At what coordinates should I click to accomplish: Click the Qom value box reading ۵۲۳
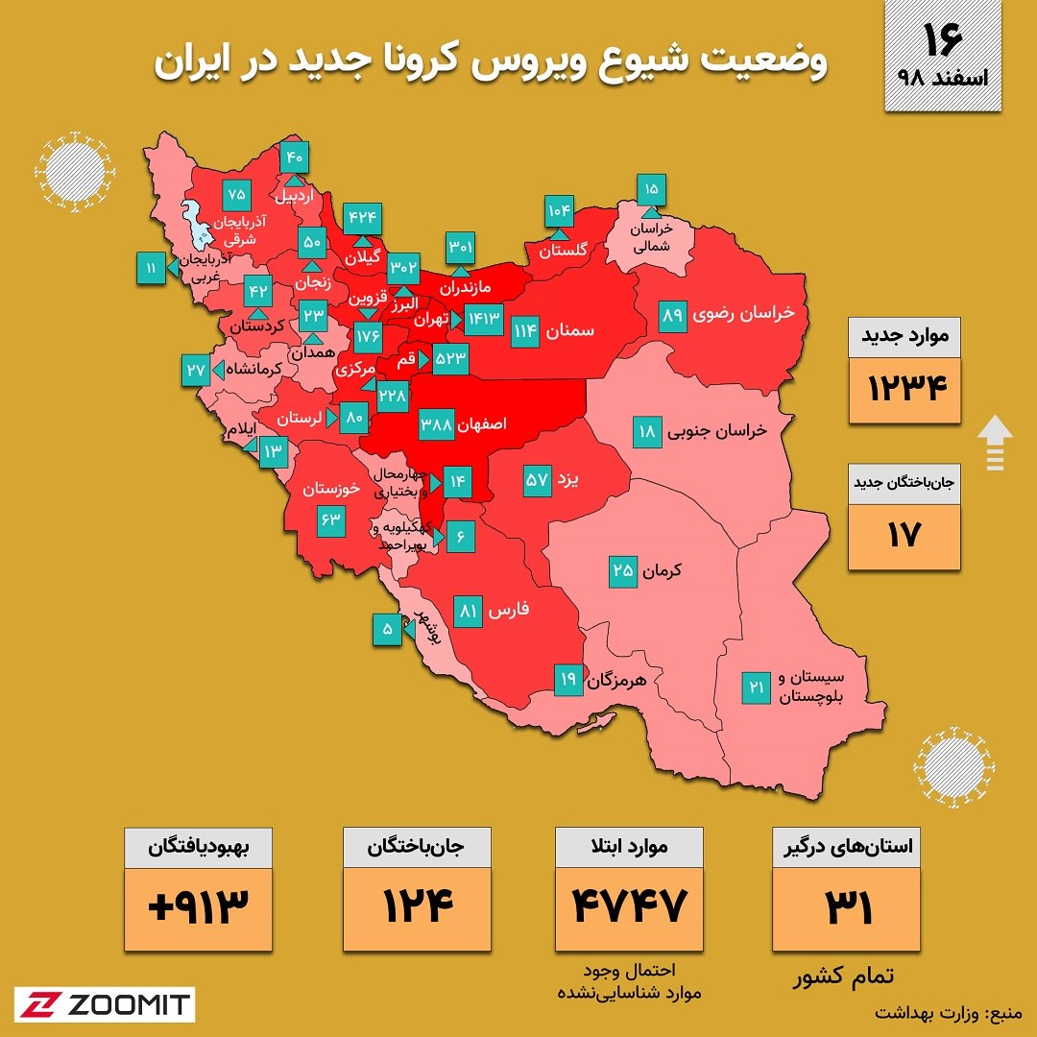tap(449, 358)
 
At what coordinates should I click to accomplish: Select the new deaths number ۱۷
tap(904, 535)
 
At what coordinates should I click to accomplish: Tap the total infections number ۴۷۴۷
tap(630, 904)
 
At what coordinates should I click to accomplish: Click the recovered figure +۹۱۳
tap(199, 904)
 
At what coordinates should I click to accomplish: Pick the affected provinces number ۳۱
tap(847, 904)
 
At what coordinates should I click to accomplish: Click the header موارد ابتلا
tap(630, 848)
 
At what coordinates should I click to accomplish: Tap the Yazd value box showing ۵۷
tap(536, 479)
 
